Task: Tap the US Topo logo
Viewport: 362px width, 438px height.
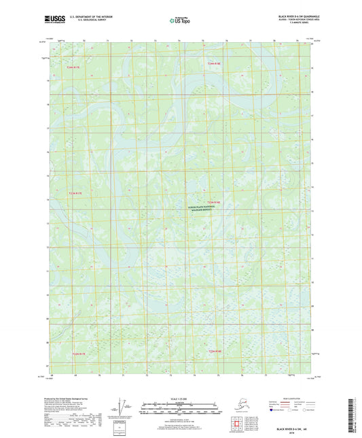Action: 181,22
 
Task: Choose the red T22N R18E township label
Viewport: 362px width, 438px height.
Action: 215,351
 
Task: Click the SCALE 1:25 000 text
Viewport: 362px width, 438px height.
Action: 181,398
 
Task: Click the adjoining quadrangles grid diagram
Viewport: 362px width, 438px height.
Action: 247,422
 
